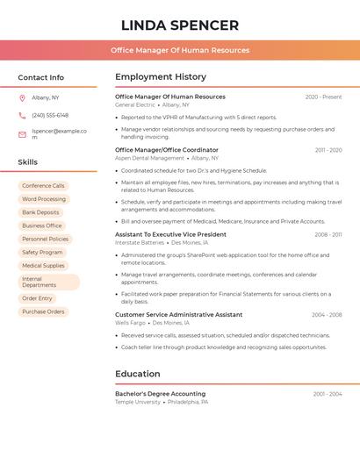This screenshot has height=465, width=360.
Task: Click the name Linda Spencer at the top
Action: (x=180, y=25)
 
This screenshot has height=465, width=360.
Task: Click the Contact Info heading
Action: (x=40, y=77)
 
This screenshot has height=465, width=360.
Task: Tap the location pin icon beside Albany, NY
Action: (x=22, y=97)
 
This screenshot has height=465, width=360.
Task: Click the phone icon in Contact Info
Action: (x=22, y=115)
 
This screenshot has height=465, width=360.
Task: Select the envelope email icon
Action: (x=22, y=134)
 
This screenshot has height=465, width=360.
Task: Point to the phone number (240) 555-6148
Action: (x=50, y=115)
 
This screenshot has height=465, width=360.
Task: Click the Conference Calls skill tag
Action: (x=43, y=186)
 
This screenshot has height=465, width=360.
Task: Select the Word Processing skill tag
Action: (x=43, y=199)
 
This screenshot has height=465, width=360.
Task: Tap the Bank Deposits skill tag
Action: (x=40, y=212)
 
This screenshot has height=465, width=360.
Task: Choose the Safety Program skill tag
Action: (x=42, y=252)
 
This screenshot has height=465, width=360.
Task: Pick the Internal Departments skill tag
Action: (x=48, y=282)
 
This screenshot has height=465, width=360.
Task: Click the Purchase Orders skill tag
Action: (x=43, y=311)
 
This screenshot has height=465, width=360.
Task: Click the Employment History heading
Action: (x=161, y=77)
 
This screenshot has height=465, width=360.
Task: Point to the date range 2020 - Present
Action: (x=323, y=97)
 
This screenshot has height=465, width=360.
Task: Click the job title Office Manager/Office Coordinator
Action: (x=167, y=150)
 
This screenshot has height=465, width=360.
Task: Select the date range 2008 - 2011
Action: (x=328, y=235)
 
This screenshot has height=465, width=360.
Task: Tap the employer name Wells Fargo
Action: (x=129, y=322)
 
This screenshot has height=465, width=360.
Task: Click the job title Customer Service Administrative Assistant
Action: (x=178, y=314)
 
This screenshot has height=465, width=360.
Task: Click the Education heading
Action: (x=137, y=374)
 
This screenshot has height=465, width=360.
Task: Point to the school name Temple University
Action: (x=138, y=402)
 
